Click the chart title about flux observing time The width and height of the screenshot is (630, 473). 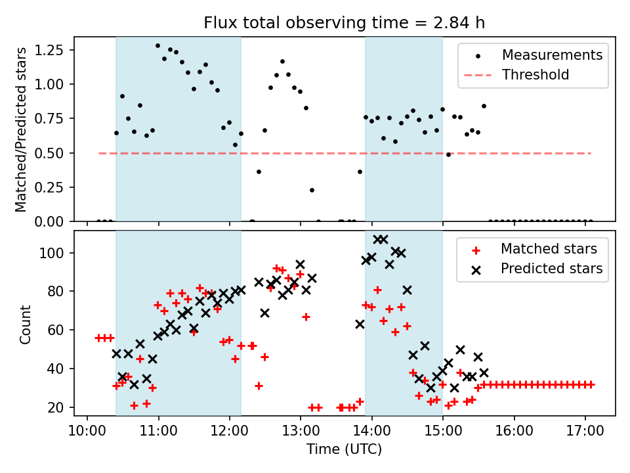click(x=345, y=23)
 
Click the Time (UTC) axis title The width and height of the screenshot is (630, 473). click(x=345, y=450)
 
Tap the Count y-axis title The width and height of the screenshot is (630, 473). click(x=26, y=324)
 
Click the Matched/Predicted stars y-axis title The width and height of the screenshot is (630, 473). click(x=22, y=129)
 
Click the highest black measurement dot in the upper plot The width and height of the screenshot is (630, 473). click(x=157, y=46)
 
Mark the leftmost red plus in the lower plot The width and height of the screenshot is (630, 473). click(x=98, y=338)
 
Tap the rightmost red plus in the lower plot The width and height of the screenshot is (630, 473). click(x=591, y=384)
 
